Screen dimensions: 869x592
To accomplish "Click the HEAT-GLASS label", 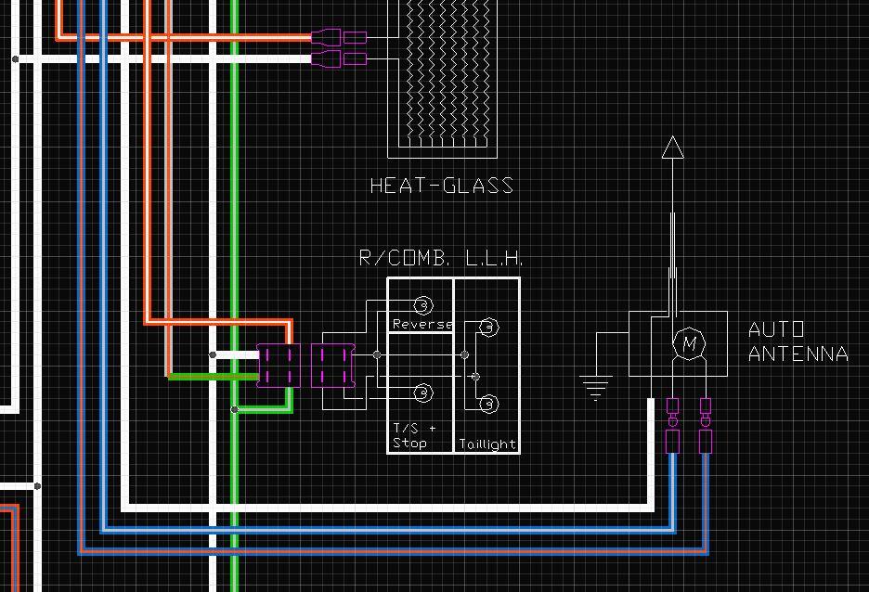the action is [x=442, y=186].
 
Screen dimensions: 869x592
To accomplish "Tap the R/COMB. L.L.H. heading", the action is [x=441, y=258].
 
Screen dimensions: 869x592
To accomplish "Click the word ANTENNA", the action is [x=798, y=354].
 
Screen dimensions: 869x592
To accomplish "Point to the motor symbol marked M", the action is [x=689, y=342].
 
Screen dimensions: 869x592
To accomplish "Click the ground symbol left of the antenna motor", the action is [x=596, y=387].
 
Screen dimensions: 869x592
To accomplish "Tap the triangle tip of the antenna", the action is [x=673, y=136].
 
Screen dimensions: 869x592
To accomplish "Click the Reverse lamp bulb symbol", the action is [x=423, y=304].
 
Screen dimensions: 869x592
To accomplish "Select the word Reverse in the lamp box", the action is [x=422, y=324].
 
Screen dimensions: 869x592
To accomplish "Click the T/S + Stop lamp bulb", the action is [x=423, y=393].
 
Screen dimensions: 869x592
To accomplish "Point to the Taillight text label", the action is [x=487, y=444].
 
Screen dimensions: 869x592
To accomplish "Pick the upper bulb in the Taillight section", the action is [x=488, y=328].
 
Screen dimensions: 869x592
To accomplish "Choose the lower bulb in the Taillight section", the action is [x=488, y=404].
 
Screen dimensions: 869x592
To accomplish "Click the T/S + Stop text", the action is [x=414, y=435].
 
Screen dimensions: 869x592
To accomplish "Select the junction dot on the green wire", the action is [x=235, y=410].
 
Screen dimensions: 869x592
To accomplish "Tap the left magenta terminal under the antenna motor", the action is [x=672, y=425].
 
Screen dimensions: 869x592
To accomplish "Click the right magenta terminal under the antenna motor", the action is [x=706, y=425].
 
